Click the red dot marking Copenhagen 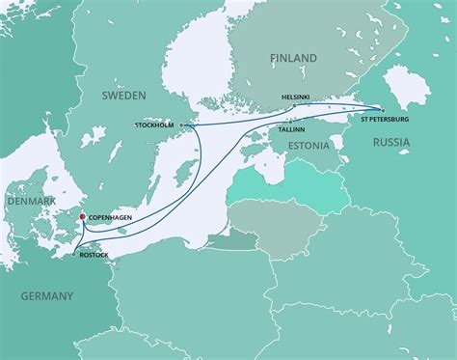tap(82, 217)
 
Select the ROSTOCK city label tap(94, 254)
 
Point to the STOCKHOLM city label tap(156, 125)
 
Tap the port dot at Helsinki tap(295, 105)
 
